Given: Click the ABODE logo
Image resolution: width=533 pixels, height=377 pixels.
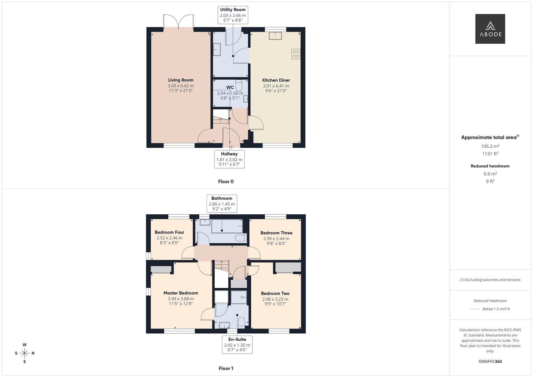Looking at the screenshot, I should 490,29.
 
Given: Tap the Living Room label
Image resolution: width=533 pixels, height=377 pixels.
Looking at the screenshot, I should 180,80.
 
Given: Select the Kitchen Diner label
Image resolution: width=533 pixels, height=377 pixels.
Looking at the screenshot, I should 276,80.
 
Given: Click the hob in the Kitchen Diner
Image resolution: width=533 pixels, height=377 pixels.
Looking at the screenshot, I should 296,54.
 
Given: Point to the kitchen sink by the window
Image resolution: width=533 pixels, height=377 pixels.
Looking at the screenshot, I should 275,36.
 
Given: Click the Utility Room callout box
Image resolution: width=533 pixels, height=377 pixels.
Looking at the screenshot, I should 232,15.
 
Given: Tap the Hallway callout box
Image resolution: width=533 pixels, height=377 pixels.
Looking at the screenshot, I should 229,159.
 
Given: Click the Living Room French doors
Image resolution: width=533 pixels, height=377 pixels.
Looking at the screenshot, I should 178,22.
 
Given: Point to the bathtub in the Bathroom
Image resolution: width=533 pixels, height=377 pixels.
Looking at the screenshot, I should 227,227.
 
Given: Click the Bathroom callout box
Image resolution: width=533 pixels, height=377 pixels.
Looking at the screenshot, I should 222,204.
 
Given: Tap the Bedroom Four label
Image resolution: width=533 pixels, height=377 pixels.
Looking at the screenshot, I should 169,232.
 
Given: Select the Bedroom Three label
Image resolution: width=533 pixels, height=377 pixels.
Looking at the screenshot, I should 276,233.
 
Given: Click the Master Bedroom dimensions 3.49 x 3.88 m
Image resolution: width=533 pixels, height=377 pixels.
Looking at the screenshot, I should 180,299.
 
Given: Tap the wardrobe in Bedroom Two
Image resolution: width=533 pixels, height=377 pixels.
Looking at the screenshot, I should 288,267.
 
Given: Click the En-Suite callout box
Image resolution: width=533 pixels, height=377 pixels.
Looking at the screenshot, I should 237,345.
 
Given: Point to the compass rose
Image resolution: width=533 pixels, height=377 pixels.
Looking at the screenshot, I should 24,353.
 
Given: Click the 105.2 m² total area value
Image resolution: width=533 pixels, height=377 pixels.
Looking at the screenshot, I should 490,146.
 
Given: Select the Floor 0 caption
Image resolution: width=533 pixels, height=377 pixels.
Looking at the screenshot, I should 225,182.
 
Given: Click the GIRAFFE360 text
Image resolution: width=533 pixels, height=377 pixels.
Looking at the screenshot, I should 490,361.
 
